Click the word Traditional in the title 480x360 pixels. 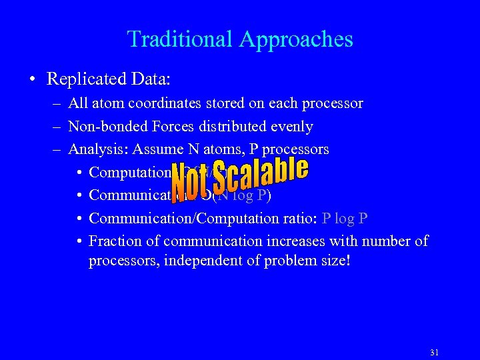click(176, 39)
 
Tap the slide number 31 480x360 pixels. click(435, 353)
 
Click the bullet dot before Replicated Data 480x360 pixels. click(33, 80)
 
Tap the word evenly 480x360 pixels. click(291, 127)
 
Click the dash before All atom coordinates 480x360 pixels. click(58, 104)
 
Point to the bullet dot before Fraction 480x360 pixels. click(79, 241)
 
